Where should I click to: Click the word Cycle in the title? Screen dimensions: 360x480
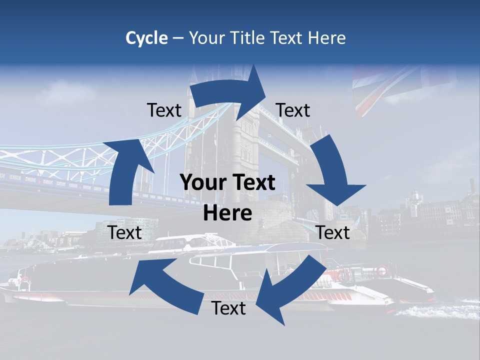(x=146, y=38)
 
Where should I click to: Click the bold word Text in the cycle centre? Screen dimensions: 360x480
(x=253, y=183)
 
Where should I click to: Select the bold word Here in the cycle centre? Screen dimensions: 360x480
(x=227, y=213)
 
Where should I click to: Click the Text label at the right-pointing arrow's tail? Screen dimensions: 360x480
(x=164, y=110)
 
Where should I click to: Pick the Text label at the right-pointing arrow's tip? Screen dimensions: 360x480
(x=293, y=110)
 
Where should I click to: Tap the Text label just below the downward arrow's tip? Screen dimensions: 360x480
(x=333, y=232)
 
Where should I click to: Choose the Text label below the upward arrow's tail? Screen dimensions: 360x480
(x=125, y=232)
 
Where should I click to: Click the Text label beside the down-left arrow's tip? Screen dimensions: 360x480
(x=228, y=308)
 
